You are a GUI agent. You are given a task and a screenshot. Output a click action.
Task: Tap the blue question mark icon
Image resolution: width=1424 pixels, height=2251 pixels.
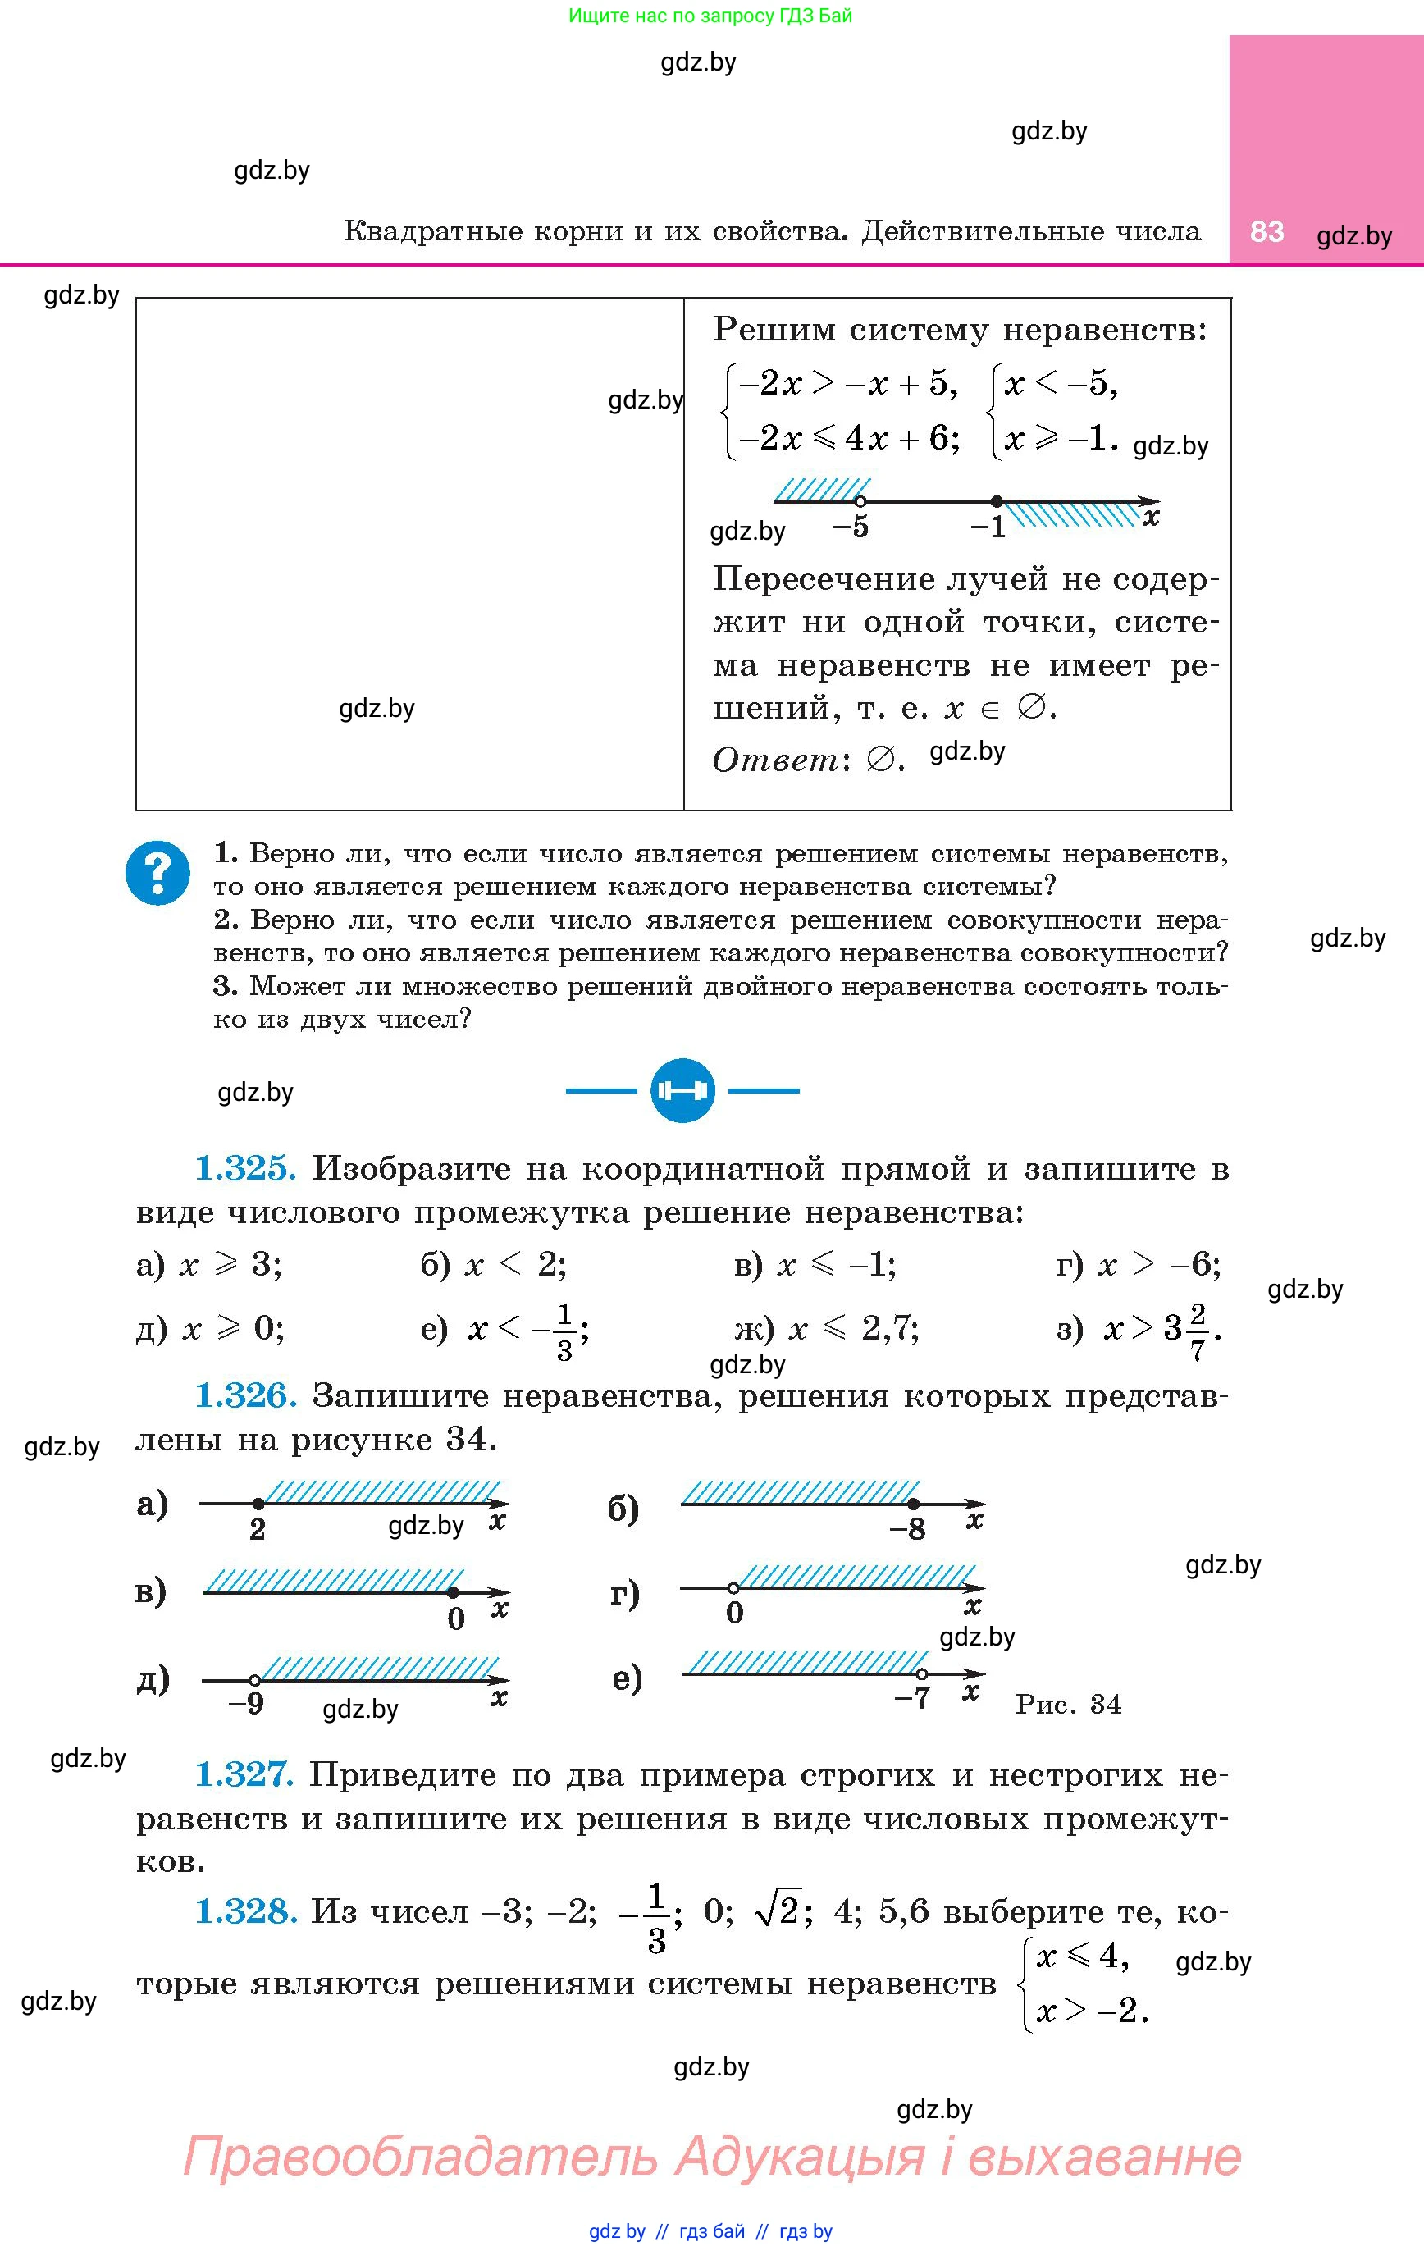158,872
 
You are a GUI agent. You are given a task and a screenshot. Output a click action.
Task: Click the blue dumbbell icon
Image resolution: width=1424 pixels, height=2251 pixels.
682,1090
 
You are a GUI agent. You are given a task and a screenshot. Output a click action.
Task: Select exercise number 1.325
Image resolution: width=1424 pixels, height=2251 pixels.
245,1168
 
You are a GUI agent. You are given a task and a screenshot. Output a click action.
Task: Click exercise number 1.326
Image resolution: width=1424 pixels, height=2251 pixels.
245,1395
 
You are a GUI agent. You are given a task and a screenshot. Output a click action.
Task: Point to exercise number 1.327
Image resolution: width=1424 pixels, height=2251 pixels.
244,1774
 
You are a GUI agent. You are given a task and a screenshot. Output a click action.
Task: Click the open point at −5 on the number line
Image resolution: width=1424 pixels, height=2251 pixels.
860,501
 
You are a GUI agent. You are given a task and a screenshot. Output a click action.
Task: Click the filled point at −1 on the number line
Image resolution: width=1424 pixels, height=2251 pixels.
997,501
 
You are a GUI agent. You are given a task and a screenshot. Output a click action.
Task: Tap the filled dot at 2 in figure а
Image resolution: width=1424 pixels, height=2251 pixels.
258,1503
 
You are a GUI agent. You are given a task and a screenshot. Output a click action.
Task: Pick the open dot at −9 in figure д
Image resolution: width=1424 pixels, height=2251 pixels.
254,1680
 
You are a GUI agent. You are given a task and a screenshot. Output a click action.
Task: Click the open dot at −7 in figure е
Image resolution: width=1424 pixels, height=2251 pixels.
922,1673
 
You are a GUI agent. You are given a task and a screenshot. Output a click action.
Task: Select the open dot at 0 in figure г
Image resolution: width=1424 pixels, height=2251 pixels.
734,1587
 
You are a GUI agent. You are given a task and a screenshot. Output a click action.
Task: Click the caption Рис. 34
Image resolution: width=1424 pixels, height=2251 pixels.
1068,1704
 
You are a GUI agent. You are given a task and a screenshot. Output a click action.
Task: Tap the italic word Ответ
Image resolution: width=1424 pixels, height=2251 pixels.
775,760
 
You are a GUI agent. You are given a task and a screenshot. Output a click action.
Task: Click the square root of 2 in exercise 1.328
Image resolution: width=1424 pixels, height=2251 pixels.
777,1911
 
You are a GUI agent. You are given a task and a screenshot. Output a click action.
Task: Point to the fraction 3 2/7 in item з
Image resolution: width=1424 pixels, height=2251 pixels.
1186,1328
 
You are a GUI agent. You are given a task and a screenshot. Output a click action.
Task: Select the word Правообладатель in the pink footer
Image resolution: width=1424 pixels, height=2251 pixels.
421,2156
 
